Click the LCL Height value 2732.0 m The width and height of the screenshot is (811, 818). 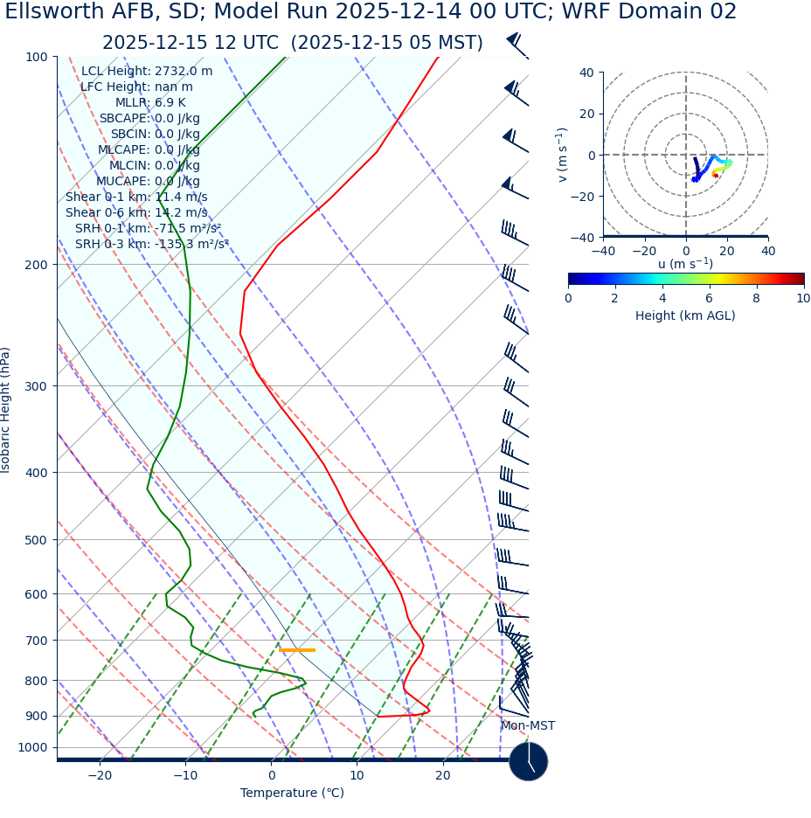pos(184,72)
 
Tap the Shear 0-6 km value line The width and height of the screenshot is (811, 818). pos(136,212)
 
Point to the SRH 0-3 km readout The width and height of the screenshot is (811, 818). pos(151,244)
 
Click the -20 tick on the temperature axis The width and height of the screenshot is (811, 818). pos(100,776)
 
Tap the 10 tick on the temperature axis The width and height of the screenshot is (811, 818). pos(357,776)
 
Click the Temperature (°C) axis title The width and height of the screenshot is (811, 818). pos(292,794)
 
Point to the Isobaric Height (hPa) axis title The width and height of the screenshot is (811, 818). pos(6,410)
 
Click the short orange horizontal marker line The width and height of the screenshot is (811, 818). pos(297,650)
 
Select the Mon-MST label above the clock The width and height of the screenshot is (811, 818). pos(527,726)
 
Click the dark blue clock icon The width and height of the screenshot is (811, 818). pos(528,761)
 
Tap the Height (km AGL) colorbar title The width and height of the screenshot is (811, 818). pos(685,315)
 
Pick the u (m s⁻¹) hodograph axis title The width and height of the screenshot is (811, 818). pos(685,264)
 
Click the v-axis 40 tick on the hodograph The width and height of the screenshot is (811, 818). pos(586,73)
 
